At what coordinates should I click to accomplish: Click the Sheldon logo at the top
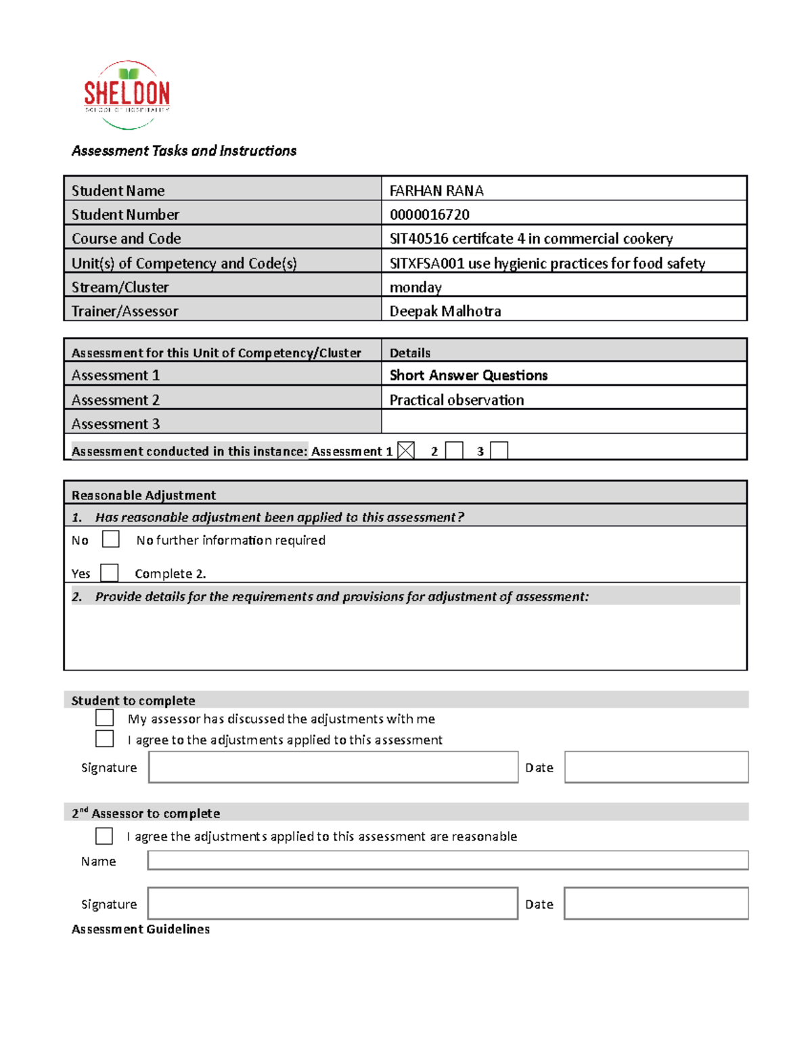tap(127, 95)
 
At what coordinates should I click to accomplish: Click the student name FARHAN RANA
tap(436, 191)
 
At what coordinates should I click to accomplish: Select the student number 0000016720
tap(429, 215)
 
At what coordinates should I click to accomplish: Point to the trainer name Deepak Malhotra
tap(445, 311)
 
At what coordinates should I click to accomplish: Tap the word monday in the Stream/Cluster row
tap(415, 288)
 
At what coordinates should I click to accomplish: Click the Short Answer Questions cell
tap(468, 376)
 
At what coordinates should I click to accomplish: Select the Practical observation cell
tap(456, 400)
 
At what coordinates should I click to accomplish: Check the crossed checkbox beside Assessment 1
tap(405, 451)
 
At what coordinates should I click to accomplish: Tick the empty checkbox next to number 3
tap(499, 451)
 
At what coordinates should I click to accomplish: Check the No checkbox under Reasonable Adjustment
tap(110, 539)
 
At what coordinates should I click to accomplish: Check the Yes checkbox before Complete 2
tap(109, 573)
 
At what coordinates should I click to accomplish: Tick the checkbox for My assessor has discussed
tap(104, 717)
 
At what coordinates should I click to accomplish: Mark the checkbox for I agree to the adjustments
tap(104, 738)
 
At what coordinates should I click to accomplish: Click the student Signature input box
tap(333, 767)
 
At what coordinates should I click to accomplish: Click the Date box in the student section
tap(656, 767)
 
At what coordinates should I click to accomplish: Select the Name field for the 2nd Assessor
tap(447, 860)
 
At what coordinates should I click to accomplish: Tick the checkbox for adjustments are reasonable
tap(104, 836)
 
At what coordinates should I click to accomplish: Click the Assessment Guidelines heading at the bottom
tap(141, 929)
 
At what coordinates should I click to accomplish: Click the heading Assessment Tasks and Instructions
tap(184, 151)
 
